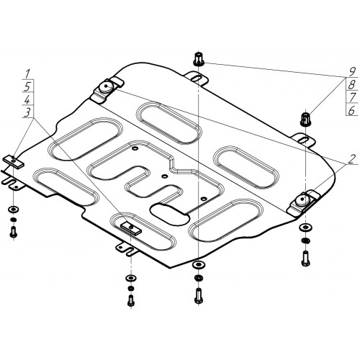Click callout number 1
click(x=27, y=73)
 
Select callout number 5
click(x=28, y=86)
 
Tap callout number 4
click(x=27, y=99)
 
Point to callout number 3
click(x=28, y=112)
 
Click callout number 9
click(x=352, y=71)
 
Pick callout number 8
click(x=352, y=84)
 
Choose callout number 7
click(x=352, y=97)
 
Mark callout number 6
click(x=351, y=110)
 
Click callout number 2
click(x=351, y=159)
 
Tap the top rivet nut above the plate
click(x=199, y=58)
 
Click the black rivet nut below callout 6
click(x=306, y=119)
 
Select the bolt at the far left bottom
click(x=14, y=232)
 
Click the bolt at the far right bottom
click(x=305, y=258)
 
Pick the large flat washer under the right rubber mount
click(x=305, y=227)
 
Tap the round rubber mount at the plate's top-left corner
click(x=107, y=86)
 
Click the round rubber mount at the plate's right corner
click(x=302, y=199)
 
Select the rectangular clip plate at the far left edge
click(x=14, y=161)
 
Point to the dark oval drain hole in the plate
click(x=170, y=215)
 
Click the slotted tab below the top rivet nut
click(x=196, y=78)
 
